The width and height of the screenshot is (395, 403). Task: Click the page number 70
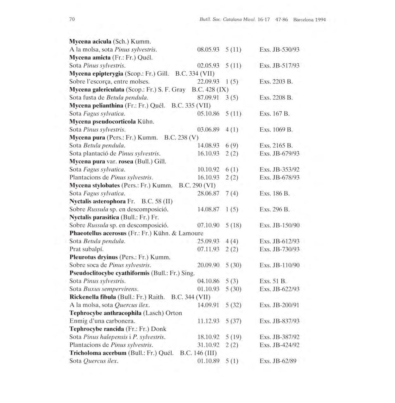(x=72, y=19)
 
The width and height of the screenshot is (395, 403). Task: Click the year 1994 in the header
(x=320, y=20)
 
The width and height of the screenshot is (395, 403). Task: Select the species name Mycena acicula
(x=90, y=41)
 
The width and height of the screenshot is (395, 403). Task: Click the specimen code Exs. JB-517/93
(x=279, y=66)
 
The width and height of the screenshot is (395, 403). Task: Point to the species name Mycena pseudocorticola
(x=103, y=121)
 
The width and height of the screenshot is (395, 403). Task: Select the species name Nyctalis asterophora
(x=97, y=201)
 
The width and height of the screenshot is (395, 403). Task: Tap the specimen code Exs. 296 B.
(x=274, y=209)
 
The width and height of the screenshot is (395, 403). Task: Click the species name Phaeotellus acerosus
(x=98, y=233)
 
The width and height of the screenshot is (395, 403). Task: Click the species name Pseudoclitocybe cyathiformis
(x=110, y=273)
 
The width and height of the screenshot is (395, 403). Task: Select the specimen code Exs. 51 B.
(x=273, y=281)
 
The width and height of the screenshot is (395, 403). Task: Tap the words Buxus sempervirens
(x=111, y=289)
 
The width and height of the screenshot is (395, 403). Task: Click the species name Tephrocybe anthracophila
(x=105, y=313)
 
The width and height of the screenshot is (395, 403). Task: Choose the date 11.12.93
(x=208, y=321)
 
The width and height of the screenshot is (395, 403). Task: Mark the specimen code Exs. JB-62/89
(x=278, y=361)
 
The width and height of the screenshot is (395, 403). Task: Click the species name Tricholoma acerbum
(x=98, y=353)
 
